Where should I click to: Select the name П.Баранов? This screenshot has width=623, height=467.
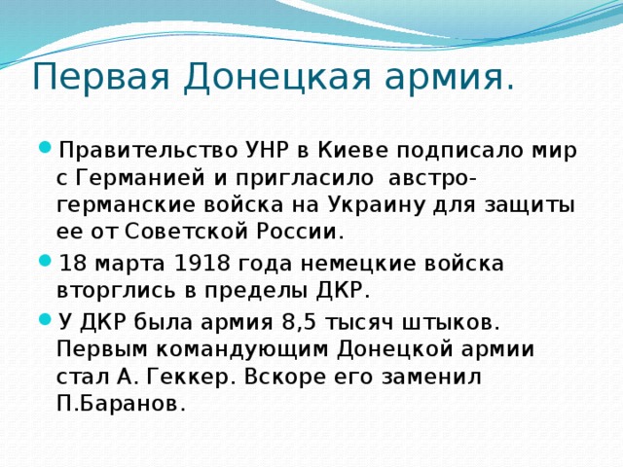(x=121, y=403)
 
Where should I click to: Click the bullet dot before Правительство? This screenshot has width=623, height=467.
(x=46, y=151)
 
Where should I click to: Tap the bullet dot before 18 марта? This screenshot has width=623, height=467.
(x=46, y=263)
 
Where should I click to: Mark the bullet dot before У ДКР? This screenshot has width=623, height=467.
(x=46, y=319)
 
